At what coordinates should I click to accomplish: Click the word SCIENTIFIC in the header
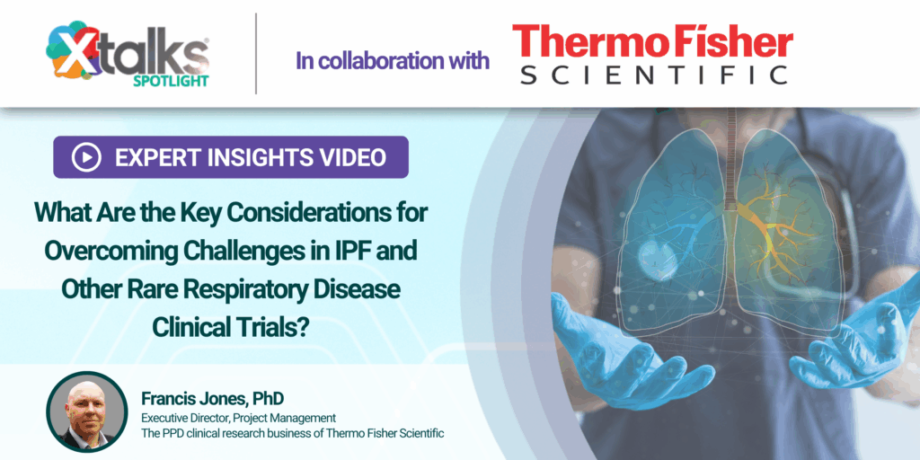[654, 75]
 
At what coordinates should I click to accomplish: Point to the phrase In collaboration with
[392, 60]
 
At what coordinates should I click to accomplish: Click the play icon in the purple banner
[86, 156]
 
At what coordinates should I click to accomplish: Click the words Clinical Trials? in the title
[231, 327]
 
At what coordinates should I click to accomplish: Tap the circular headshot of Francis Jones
[87, 411]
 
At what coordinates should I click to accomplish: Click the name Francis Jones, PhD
[212, 399]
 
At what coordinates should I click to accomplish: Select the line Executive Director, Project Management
[238, 419]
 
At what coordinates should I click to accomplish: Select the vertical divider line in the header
[256, 53]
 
